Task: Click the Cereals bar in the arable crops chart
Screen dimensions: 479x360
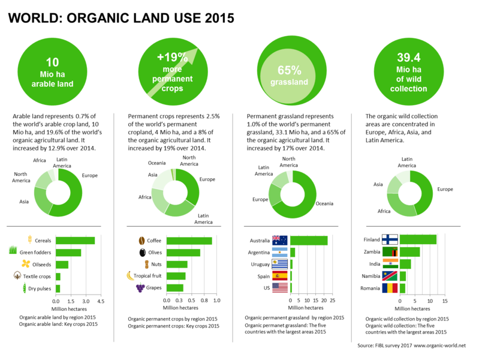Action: (x=75, y=241)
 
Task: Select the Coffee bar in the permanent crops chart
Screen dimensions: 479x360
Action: (x=189, y=241)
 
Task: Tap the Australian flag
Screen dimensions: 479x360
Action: (x=279, y=241)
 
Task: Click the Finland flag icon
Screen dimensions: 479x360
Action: (x=390, y=239)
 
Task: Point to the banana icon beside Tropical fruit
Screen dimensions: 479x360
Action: (x=130, y=275)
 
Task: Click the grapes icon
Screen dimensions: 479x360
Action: (x=140, y=288)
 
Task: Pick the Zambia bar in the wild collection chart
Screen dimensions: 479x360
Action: (x=409, y=252)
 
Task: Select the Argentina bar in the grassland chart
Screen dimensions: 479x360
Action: (x=293, y=253)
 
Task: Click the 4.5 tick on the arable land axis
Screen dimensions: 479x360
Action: (x=101, y=301)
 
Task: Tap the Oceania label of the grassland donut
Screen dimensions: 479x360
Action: (x=324, y=204)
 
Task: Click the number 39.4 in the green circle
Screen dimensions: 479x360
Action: (x=409, y=58)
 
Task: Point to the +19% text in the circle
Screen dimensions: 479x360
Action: (x=172, y=57)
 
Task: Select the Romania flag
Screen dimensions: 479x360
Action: (x=390, y=288)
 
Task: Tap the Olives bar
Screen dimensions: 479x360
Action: (x=183, y=253)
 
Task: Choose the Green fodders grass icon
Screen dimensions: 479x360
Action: (x=13, y=250)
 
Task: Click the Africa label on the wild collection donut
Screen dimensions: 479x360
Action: (x=384, y=211)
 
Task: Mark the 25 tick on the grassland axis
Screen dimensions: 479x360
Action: (x=332, y=301)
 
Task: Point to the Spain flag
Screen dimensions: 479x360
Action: (x=279, y=276)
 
